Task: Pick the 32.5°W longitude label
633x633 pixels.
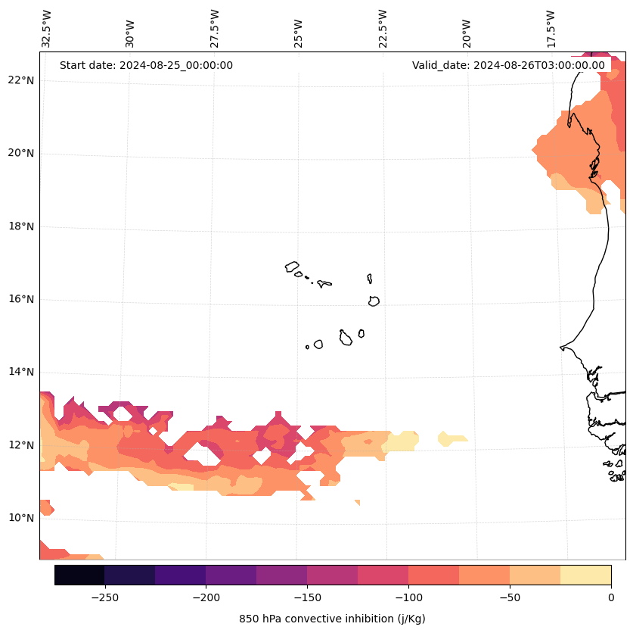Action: point(47,29)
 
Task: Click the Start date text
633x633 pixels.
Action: point(146,65)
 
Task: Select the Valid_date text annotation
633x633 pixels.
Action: point(508,65)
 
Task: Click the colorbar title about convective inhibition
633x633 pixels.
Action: point(332,619)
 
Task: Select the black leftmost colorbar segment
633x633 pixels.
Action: point(79,575)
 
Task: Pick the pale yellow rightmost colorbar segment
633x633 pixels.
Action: point(585,575)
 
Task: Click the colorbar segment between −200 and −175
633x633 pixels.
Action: point(231,575)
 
